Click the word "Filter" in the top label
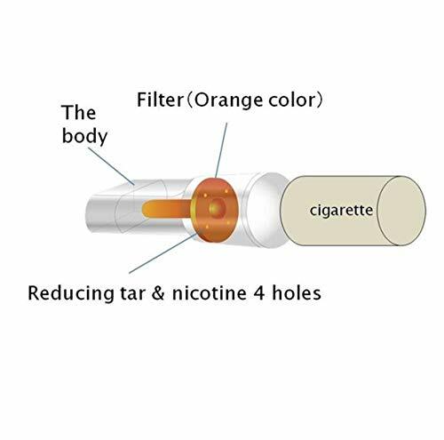tap(160, 100)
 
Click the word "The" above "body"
tap(79, 113)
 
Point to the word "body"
tap(84, 136)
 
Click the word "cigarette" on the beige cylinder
tap(341, 211)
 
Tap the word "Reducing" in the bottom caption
tap(71, 293)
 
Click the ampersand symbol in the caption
tap(158, 293)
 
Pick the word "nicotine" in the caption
tap(209, 293)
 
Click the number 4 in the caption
tap(259, 293)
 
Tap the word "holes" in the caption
tap(297, 293)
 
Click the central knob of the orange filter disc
tap(217, 208)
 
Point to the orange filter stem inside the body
tap(167, 209)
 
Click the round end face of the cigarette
tap(401, 211)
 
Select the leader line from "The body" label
tap(111, 166)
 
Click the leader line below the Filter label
tap(221, 150)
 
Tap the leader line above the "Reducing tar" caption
tap(163, 253)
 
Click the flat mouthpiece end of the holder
tap(102, 214)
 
